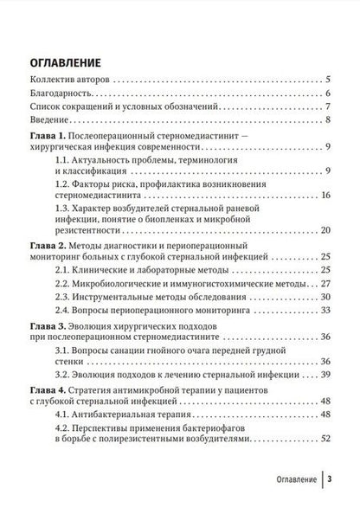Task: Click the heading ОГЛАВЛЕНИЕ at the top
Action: point(66,62)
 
